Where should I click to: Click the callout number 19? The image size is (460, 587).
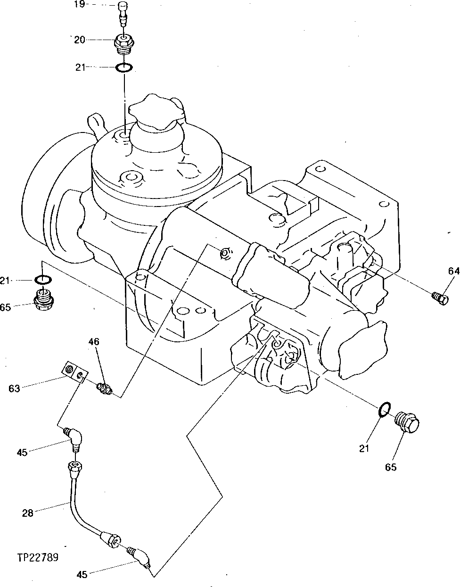click(79, 4)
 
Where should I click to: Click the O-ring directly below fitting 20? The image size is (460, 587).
click(124, 68)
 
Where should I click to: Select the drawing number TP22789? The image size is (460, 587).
click(38, 557)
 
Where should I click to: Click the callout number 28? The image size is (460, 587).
click(28, 513)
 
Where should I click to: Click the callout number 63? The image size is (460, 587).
click(15, 389)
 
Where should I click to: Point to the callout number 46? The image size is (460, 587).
click(94, 341)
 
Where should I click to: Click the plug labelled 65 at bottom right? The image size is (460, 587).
click(408, 423)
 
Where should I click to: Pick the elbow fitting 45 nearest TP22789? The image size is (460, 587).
click(140, 556)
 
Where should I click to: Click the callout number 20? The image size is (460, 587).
click(79, 40)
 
